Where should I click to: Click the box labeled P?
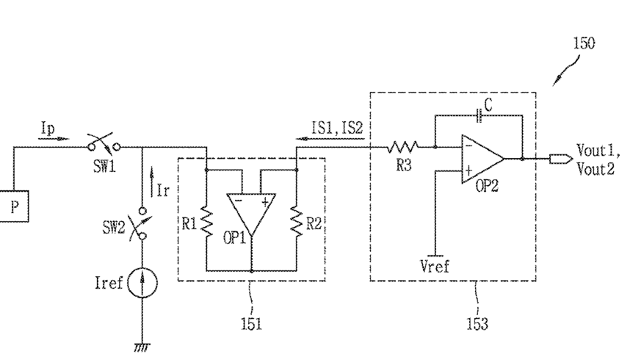pyautogui.click(x=14, y=206)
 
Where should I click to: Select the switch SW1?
pyautogui.click(x=104, y=145)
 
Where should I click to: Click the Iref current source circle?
pyautogui.click(x=142, y=283)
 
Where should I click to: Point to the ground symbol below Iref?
pyautogui.click(x=142, y=347)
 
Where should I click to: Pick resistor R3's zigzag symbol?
pyautogui.click(x=403, y=147)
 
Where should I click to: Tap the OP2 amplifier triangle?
pyautogui.click(x=482, y=159)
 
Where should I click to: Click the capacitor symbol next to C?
pyautogui.click(x=479, y=115)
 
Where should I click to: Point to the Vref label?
pyautogui.click(x=435, y=266)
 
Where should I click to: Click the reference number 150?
pyautogui.click(x=584, y=43)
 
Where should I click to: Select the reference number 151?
pyautogui.click(x=251, y=323)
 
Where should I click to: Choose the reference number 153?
pyautogui.click(x=477, y=323)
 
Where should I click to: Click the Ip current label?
pyautogui.click(x=48, y=129)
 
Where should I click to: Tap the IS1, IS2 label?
pyautogui.click(x=338, y=128)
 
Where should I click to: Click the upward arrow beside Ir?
pyautogui.click(x=151, y=182)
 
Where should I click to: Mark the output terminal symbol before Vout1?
pyautogui.click(x=561, y=159)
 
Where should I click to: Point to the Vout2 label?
pyautogui.click(x=595, y=169)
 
